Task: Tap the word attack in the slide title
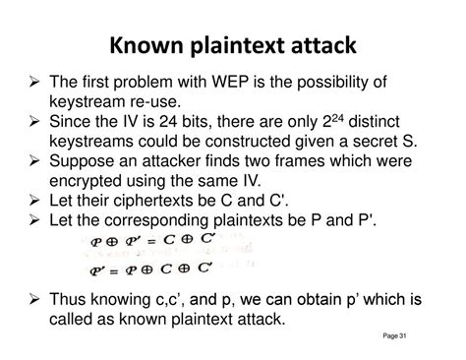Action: coord(318,46)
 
